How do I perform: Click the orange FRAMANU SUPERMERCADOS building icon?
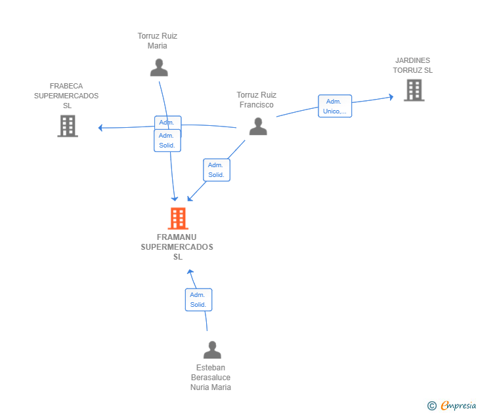coord(177,218)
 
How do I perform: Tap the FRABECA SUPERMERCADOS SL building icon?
coord(68,126)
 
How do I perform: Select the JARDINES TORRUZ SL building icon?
coord(414,90)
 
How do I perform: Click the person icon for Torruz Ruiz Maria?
coord(158,68)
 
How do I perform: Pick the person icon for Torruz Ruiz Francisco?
coord(258,127)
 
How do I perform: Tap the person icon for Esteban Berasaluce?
coord(212,350)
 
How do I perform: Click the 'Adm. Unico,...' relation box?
coord(335,106)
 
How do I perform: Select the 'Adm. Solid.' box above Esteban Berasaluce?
coord(198,300)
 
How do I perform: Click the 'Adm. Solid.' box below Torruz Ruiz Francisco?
coord(217,170)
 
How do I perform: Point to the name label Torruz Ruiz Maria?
coord(158,41)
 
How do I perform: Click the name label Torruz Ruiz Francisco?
coord(257,100)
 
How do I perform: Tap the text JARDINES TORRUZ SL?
coord(413,66)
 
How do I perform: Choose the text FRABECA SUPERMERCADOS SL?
coord(66,96)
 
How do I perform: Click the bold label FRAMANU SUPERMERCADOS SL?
coord(177,247)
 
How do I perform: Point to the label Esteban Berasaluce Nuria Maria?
coord(211,378)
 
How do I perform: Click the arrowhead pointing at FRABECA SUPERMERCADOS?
coord(101,128)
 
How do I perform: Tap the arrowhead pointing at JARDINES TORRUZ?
coord(391,97)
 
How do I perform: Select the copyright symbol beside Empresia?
coord(432,406)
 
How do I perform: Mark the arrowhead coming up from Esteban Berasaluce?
coord(190,271)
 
